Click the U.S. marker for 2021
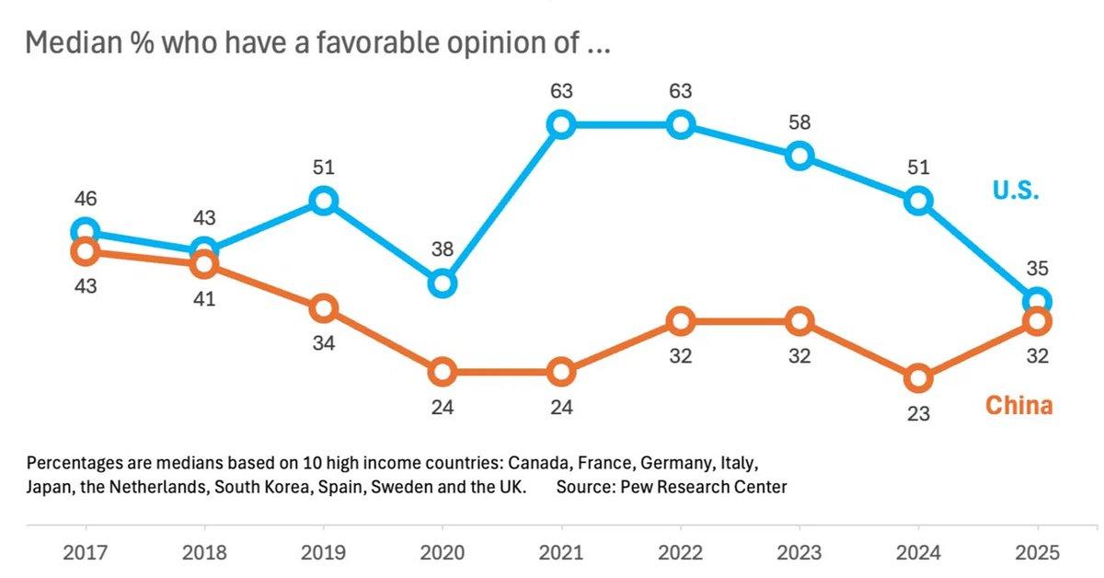point(561,124)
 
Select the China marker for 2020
point(443,372)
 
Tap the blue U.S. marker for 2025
point(1037,301)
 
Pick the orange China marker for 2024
point(918,377)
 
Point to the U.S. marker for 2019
point(323,200)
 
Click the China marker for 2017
point(85,250)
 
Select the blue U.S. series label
point(1015,191)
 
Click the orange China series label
point(1018,405)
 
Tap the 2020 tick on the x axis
point(443,553)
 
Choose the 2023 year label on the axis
point(799,553)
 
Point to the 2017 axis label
point(85,553)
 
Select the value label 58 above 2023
point(799,121)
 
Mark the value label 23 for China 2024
point(918,414)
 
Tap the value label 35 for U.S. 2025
point(1037,269)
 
